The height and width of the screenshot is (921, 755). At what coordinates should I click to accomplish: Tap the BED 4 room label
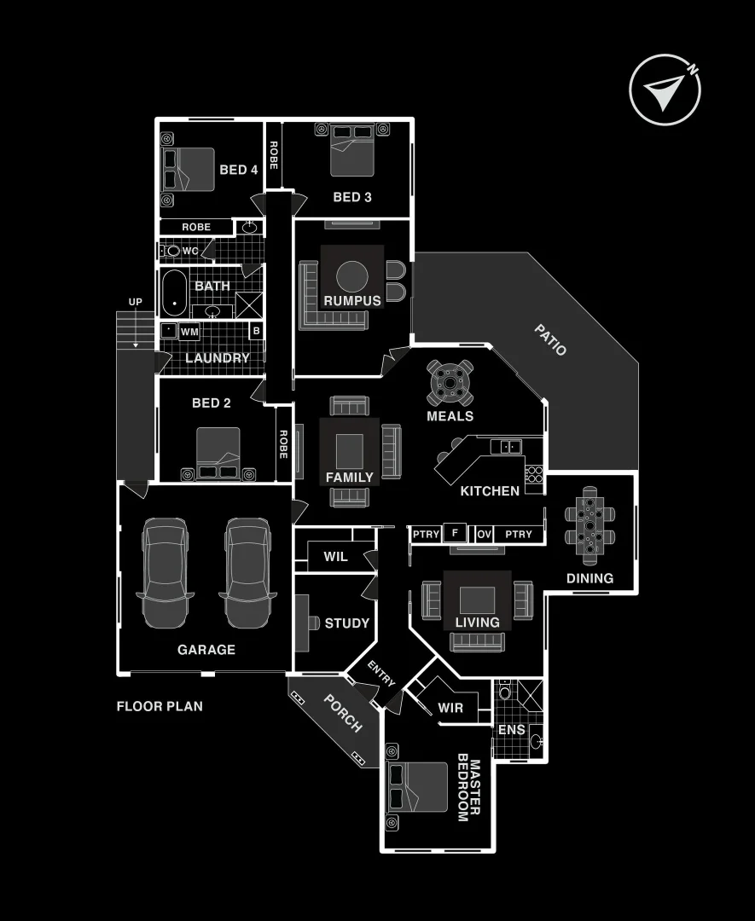coord(239,170)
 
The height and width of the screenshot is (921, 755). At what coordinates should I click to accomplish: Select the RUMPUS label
coord(352,301)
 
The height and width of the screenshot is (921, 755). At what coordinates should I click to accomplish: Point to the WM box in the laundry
coord(190,331)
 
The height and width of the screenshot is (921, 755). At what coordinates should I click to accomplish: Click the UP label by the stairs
coord(136,303)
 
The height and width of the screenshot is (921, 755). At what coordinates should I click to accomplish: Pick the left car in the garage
coord(166,571)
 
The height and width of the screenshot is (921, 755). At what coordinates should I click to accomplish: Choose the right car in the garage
coord(247,571)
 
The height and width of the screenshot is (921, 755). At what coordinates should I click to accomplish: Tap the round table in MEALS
coord(450,383)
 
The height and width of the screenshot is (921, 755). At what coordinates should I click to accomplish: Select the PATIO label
coord(550,339)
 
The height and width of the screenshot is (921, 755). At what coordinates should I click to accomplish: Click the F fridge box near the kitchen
coord(455,534)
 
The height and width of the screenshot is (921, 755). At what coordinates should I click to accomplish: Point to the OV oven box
coord(484,535)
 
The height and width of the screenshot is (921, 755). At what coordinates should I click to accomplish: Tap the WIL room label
coord(335,557)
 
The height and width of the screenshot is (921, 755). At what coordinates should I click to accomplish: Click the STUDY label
coord(347,623)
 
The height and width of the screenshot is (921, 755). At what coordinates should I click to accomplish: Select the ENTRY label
coord(381,673)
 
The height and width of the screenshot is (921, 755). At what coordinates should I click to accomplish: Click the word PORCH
coord(343,713)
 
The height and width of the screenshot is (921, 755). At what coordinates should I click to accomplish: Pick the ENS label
coord(512,730)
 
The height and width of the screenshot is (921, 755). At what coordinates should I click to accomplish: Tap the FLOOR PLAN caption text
coord(160,706)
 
